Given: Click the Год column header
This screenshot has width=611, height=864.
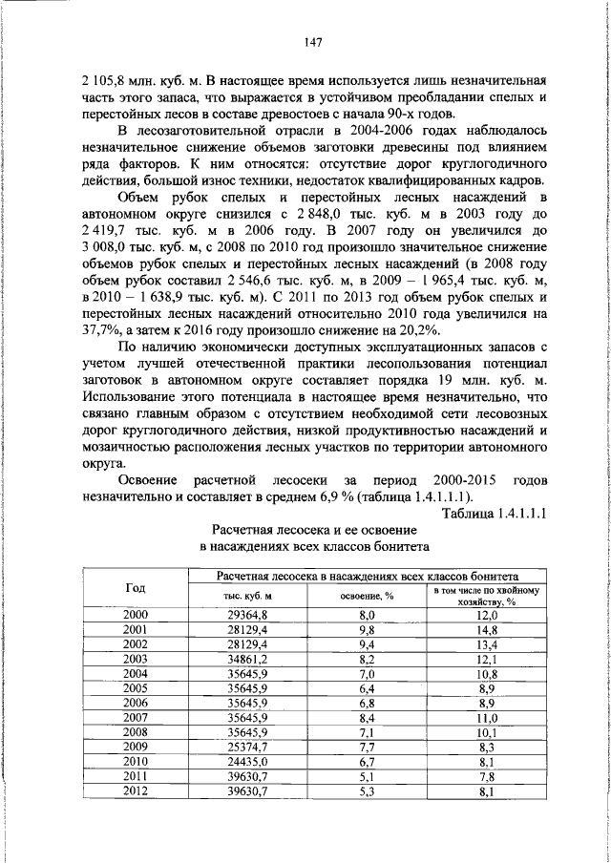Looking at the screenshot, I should tap(136, 587).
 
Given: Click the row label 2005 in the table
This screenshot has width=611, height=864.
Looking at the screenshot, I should tap(136, 688).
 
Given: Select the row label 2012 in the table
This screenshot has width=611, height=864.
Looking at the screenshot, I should tap(136, 790).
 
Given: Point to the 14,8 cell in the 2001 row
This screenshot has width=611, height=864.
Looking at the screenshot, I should tap(487, 630).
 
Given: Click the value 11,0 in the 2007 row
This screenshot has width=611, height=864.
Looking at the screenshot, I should tap(487, 717).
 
